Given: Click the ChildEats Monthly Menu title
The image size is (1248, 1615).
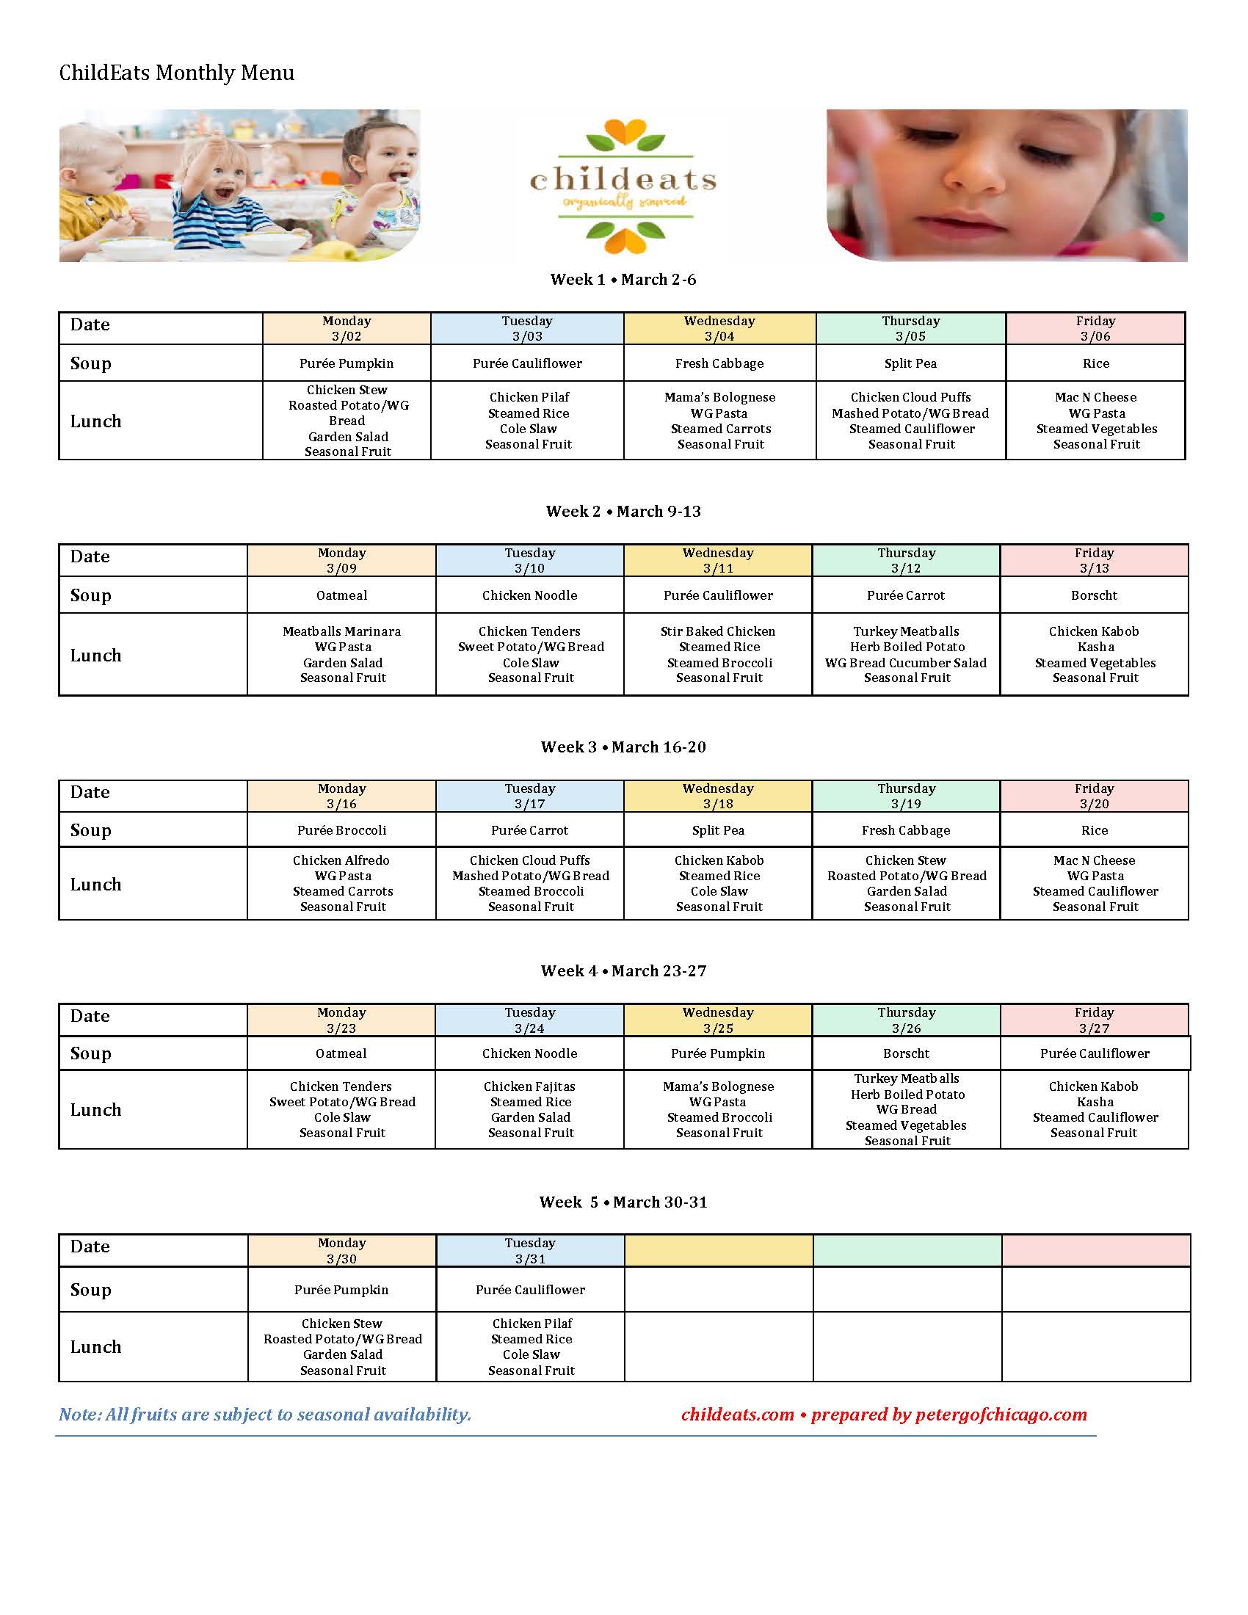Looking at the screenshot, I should click(x=177, y=73).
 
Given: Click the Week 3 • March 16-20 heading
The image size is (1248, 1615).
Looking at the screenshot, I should click(x=623, y=747).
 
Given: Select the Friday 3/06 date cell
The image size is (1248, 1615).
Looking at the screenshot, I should click(x=1095, y=328).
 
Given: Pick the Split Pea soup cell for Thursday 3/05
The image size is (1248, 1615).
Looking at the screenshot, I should click(x=910, y=363).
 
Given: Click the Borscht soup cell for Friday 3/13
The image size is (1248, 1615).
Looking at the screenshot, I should click(x=1094, y=595).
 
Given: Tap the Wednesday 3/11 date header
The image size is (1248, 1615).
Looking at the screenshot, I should click(x=718, y=561).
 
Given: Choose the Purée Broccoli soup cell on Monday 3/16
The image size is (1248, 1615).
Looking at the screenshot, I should click(x=341, y=830).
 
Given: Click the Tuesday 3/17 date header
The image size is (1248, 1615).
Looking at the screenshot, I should click(x=529, y=796).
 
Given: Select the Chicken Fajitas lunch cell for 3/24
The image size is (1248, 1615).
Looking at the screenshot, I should click(x=530, y=1109).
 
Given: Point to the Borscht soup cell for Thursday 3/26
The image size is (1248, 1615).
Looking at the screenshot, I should click(x=906, y=1053).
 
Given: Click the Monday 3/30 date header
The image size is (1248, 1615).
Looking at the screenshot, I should click(x=341, y=1250).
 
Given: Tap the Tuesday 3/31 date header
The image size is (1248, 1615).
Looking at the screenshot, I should click(x=529, y=1250).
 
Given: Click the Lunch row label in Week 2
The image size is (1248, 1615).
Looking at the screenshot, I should click(x=96, y=655).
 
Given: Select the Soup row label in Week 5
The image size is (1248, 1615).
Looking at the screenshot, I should click(x=91, y=1290).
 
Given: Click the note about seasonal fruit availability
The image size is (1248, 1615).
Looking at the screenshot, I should click(x=265, y=1415).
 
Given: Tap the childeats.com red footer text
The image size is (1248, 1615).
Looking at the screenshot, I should click(x=737, y=1415).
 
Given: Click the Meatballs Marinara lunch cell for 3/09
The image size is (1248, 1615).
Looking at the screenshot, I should click(x=341, y=654).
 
